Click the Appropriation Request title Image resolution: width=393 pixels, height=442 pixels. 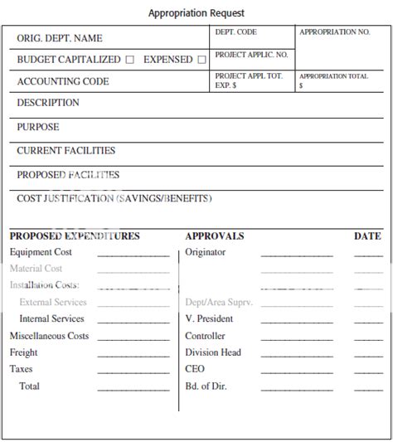coord(196,13)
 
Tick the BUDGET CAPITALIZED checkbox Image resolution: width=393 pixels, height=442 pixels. coord(129,60)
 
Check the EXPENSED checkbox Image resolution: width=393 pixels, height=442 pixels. coord(201,60)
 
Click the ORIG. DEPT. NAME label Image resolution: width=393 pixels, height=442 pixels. coord(60,38)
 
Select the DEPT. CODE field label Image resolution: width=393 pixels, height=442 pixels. coord(235,32)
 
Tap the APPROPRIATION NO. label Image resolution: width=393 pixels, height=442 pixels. coord(334,32)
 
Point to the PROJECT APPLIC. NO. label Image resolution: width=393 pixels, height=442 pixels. coord(251,55)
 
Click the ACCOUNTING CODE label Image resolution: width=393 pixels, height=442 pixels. coord(63,81)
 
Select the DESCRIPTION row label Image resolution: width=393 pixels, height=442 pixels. coord(48,103)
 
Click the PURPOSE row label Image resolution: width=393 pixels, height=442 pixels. coord(38,127)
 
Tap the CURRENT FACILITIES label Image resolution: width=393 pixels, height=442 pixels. coord(66,151)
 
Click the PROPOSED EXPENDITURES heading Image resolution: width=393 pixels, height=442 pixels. coord(75,236)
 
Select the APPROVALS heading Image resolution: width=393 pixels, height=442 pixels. coord(215,236)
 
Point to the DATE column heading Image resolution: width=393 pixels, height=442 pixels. coord(367,236)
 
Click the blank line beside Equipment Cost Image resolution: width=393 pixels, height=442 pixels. coord(133,255)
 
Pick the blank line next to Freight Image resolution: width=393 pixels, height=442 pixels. coord(133,355)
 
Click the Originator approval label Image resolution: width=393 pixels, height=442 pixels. coord(206,252)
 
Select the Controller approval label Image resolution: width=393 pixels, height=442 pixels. coord(206,336)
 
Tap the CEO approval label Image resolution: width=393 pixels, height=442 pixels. coord(195,369)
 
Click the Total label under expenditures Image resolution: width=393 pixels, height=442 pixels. coord(29,386)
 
